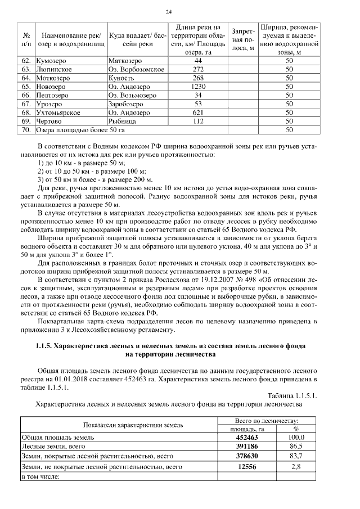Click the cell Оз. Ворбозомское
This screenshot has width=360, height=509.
coord(136,69)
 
